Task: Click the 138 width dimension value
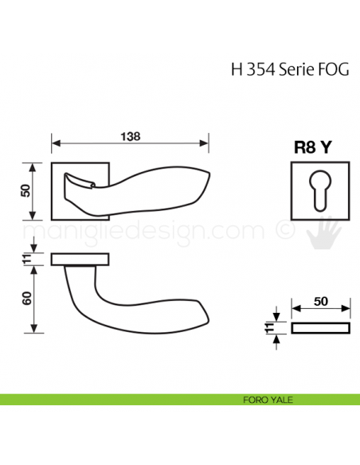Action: (x=130, y=136)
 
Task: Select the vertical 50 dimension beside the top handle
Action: (x=25, y=191)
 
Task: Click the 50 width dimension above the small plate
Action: (x=319, y=301)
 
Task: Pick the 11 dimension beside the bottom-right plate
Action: (x=270, y=328)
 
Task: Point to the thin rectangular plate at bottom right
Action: (x=320, y=328)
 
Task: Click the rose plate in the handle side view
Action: (x=81, y=259)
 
